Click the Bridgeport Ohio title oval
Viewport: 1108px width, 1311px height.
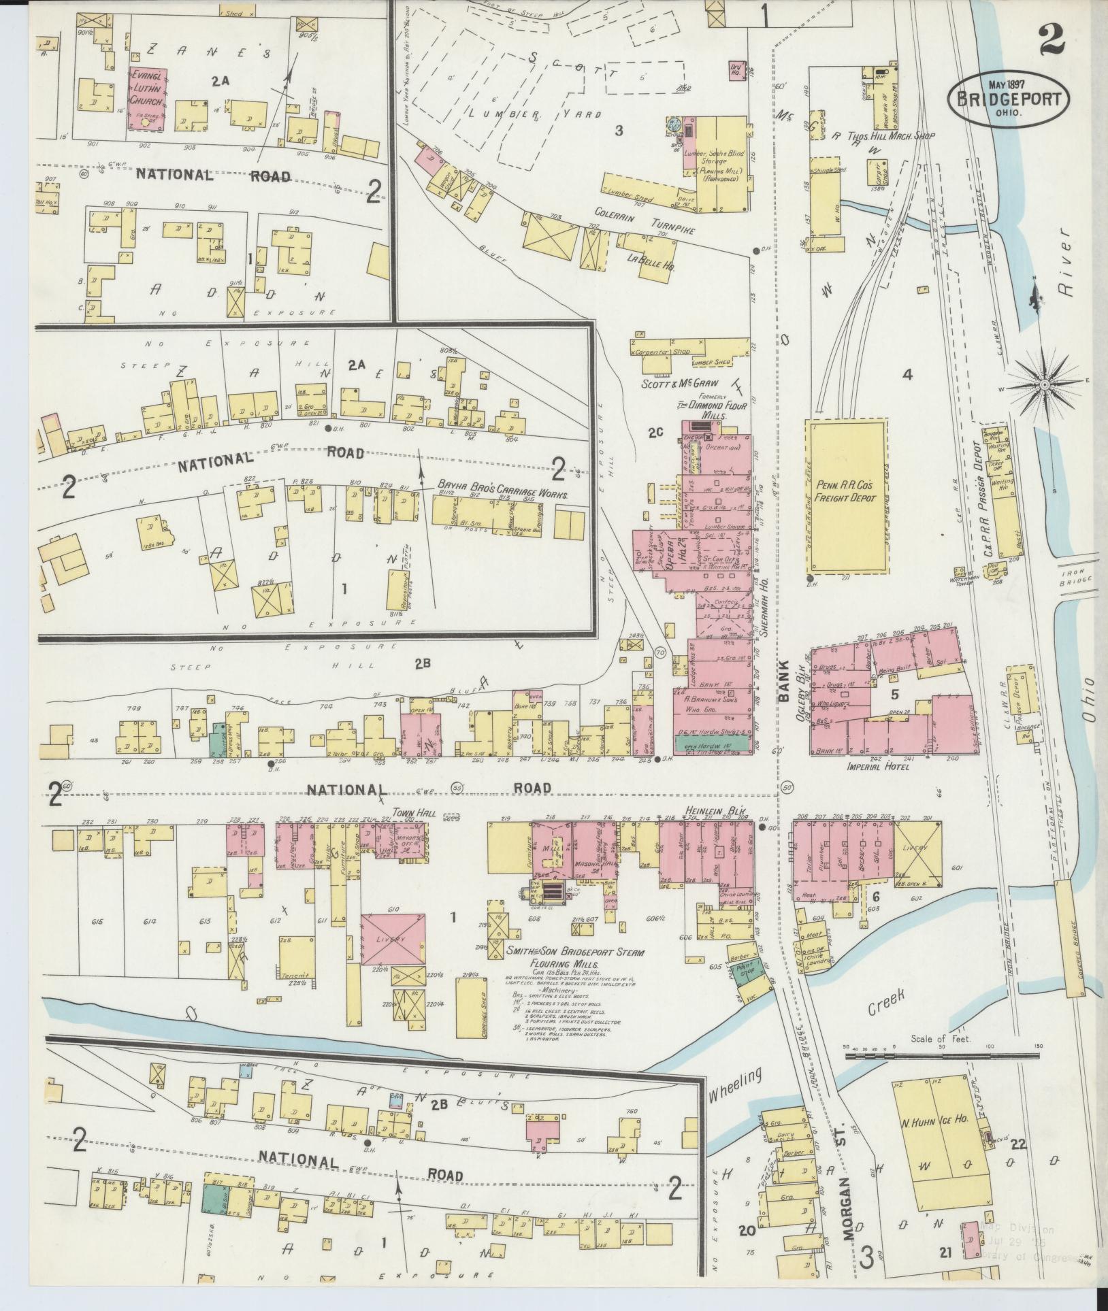(1008, 99)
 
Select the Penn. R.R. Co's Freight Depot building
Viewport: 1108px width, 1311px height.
(847, 496)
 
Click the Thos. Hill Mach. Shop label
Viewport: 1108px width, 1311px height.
(894, 136)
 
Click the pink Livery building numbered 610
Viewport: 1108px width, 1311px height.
(393, 939)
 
